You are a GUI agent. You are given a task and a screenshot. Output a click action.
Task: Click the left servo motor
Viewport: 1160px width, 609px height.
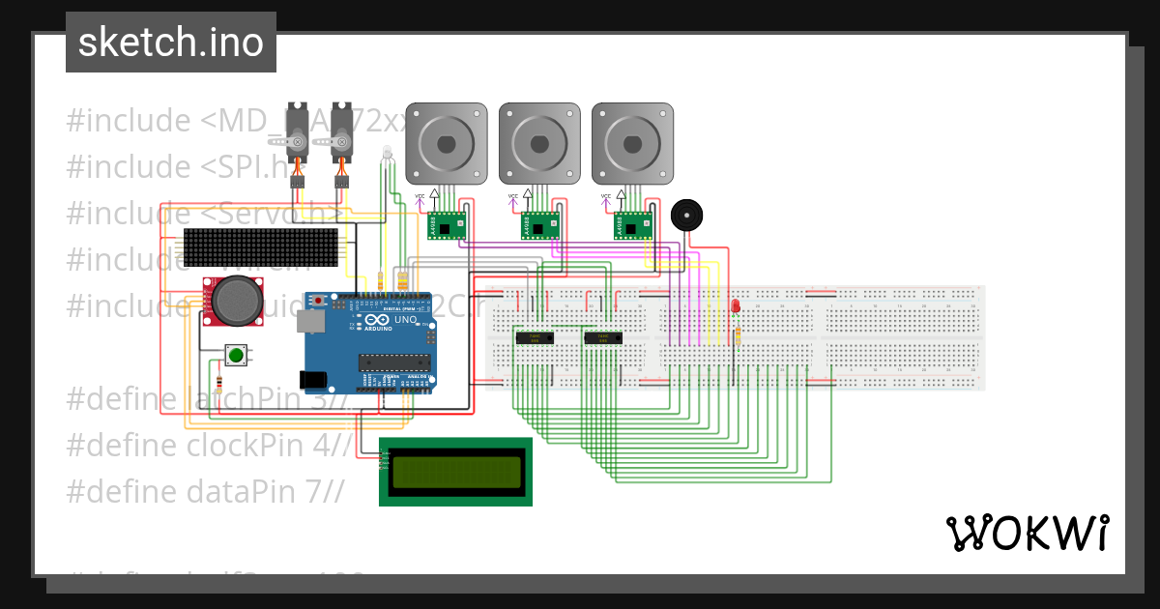[x=300, y=135]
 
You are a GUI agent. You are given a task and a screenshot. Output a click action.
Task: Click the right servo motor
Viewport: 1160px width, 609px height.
[x=342, y=135]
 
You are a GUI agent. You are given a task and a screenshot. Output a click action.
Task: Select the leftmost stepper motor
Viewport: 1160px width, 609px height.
[x=446, y=143]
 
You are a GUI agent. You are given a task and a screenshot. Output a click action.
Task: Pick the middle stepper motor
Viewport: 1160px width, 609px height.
[x=539, y=143]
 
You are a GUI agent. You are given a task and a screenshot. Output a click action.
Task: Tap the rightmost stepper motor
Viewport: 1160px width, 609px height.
[x=632, y=143]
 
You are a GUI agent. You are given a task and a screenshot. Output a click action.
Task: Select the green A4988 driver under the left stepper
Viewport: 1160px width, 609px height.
[x=447, y=225]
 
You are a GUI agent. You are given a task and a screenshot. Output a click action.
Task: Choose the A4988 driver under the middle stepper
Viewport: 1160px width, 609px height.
[x=540, y=225]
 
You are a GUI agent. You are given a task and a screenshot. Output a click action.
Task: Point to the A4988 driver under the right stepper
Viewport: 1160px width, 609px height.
[x=634, y=225]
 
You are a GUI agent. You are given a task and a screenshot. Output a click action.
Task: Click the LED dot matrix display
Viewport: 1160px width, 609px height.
[x=261, y=248]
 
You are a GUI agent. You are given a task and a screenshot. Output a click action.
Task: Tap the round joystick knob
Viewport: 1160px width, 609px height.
[x=236, y=300]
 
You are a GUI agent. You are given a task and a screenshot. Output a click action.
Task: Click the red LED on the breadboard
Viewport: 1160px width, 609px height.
[x=736, y=305]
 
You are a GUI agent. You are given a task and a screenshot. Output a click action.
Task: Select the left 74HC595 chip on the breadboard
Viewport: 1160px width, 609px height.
[x=532, y=337]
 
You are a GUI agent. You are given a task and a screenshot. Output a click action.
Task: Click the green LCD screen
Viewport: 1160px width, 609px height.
[x=454, y=471]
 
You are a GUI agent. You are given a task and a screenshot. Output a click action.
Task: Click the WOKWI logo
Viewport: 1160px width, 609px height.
[x=1027, y=533]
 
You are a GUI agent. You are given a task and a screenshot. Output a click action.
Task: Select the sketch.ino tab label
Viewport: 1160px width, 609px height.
[x=171, y=43]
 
